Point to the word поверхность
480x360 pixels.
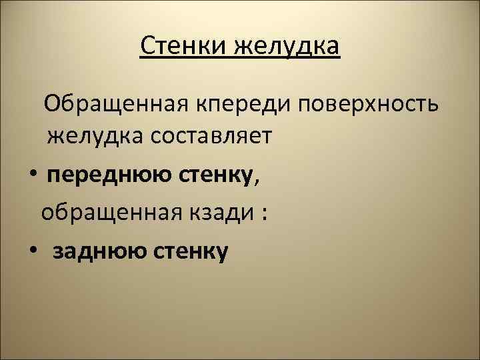tap(369, 103)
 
